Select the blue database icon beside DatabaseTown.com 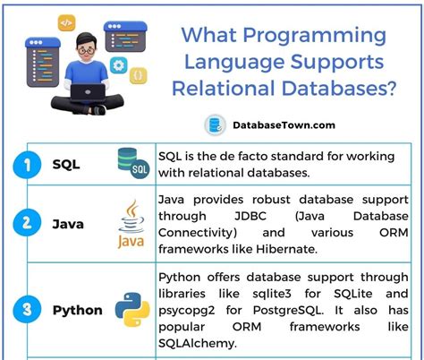tap(215, 124)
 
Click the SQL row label tap(66, 164)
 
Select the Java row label tap(68, 222)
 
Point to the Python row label tap(77, 310)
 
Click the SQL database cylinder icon tap(132, 164)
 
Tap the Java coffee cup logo tap(131, 224)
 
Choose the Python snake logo tap(132, 310)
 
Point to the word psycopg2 tap(191, 309)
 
